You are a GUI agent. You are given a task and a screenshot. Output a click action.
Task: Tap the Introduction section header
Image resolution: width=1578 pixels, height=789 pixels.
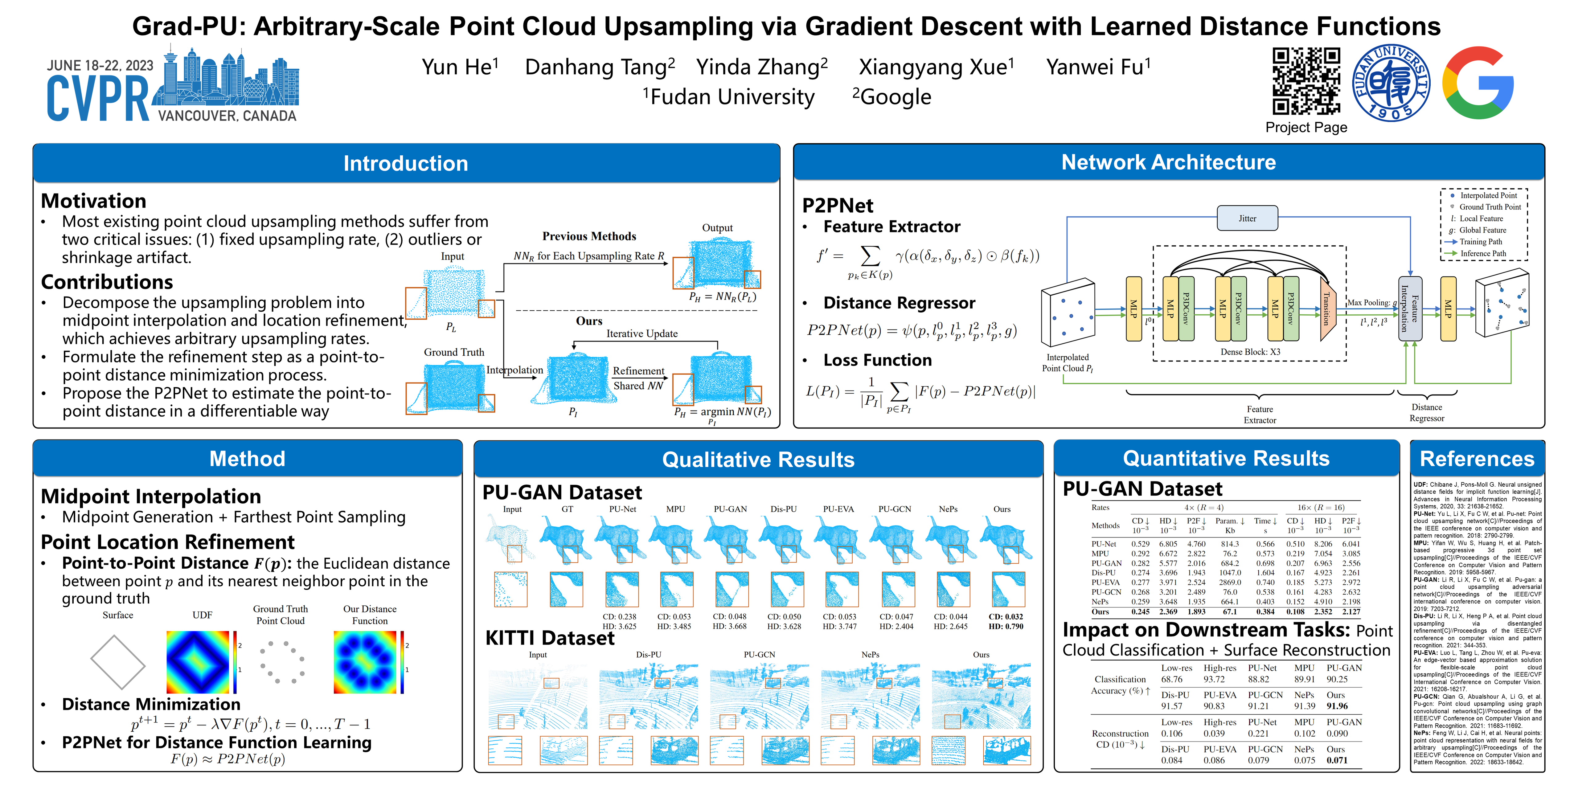406,164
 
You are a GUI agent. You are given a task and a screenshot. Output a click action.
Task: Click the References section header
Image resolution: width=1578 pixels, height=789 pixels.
1477,459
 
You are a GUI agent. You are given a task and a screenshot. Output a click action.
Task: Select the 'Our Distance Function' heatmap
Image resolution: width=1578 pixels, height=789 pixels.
366,662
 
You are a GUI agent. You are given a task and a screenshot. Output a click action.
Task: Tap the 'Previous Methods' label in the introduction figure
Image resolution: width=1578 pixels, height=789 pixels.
589,236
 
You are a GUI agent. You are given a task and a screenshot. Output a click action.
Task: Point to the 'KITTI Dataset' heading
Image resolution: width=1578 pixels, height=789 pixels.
550,638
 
